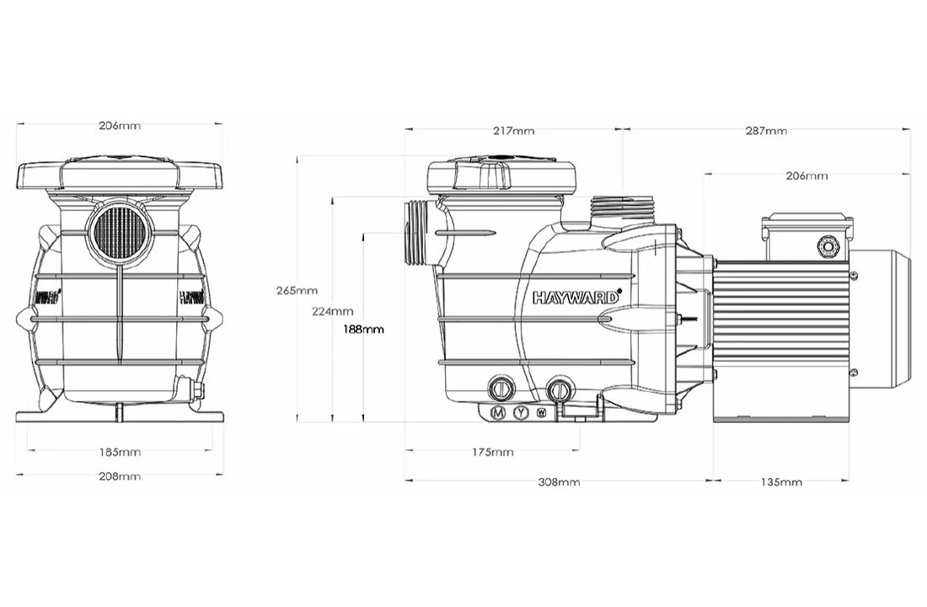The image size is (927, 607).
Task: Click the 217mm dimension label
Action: click(x=513, y=131)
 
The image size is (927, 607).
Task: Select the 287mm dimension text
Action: click(x=766, y=131)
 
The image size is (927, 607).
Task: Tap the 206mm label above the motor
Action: click(x=806, y=176)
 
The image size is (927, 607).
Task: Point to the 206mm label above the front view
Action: click(x=120, y=126)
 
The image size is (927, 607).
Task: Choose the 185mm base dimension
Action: click(x=120, y=452)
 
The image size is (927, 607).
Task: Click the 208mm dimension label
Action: click(x=120, y=476)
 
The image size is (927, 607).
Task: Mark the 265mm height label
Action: click(x=297, y=291)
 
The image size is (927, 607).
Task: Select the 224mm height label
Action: click(x=332, y=310)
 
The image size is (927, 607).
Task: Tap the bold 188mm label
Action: click(x=363, y=329)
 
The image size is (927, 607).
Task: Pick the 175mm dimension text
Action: click(x=492, y=453)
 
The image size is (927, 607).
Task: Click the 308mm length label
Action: click(x=559, y=482)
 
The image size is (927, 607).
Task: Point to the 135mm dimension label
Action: click(x=781, y=482)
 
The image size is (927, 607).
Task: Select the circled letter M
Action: click(x=498, y=413)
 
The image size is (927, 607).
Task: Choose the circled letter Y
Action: click(x=521, y=413)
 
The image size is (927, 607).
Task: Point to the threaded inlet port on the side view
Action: click(x=417, y=232)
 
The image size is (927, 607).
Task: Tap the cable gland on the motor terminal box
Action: click(x=828, y=246)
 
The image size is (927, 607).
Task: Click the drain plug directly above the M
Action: click(x=500, y=389)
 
